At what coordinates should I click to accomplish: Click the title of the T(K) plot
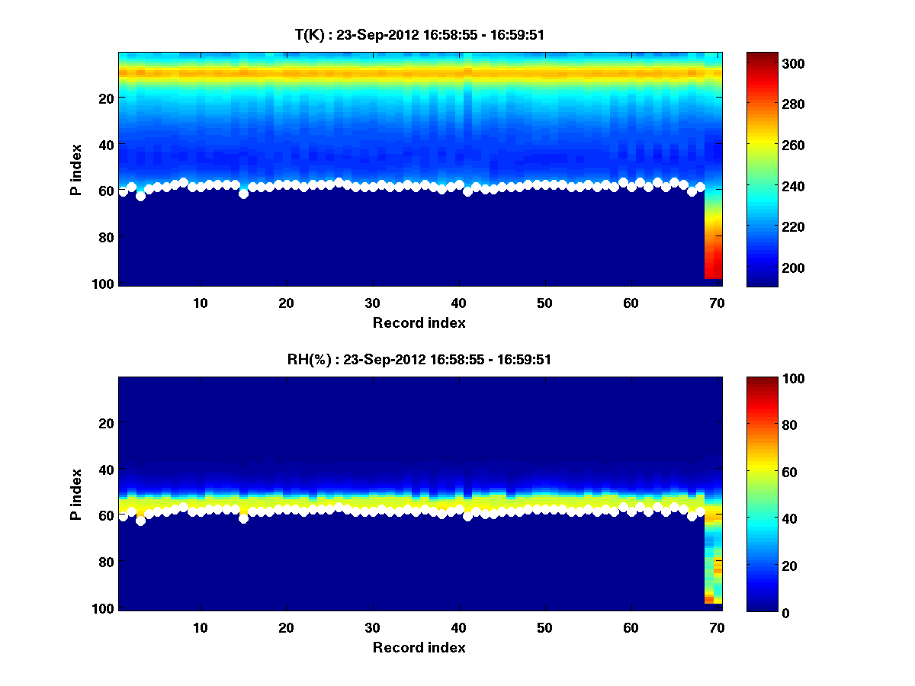tap(419, 34)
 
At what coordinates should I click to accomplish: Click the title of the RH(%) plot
tap(419, 360)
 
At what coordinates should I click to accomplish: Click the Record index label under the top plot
tap(419, 322)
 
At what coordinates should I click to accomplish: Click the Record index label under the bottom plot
tap(419, 647)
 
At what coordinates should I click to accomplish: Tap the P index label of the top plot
tap(76, 169)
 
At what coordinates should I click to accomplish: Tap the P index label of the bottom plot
tap(76, 494)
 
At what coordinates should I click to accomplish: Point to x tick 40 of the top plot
tap(458, 302)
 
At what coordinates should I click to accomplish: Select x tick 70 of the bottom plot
tap(717, 627)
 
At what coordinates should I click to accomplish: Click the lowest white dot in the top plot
tap(140, 196)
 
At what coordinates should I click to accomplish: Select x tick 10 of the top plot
tap(200, 302)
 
